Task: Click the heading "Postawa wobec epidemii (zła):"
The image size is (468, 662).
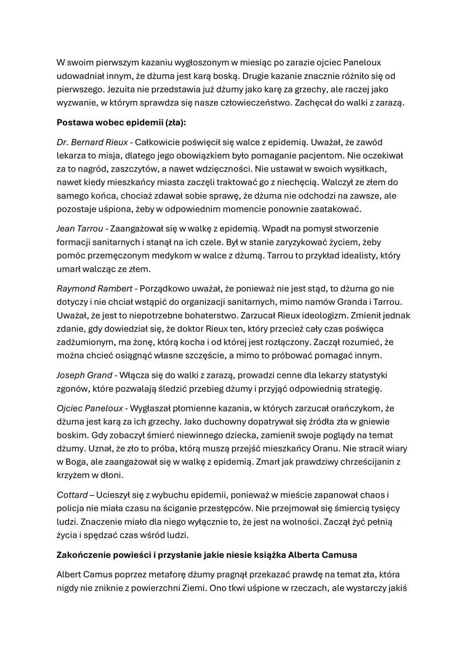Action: pos(121,123)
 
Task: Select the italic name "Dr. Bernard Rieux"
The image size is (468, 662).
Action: pos(92,142)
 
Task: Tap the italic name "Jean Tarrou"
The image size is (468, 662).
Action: pos(80,228)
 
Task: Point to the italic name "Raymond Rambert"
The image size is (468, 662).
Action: pos(94,289)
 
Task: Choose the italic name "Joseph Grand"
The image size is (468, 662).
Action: pos(84,375)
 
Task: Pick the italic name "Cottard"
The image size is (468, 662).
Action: pos(72,495)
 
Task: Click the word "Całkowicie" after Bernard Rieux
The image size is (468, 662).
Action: pos(156,142)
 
